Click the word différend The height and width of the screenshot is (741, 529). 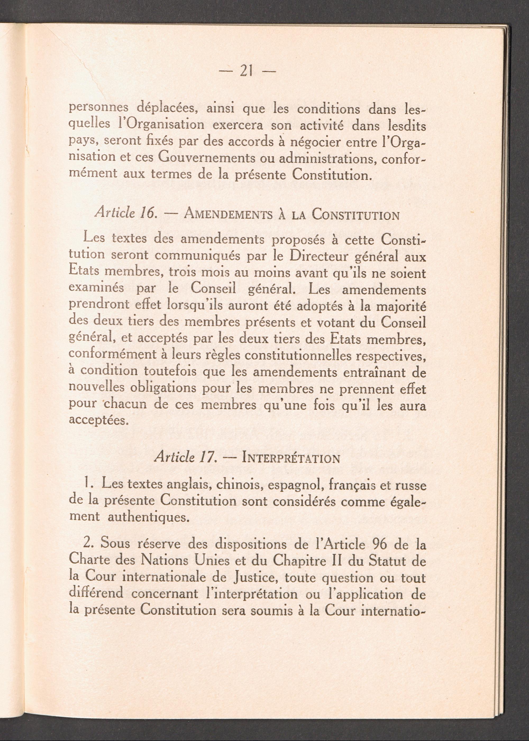[97, 594]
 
